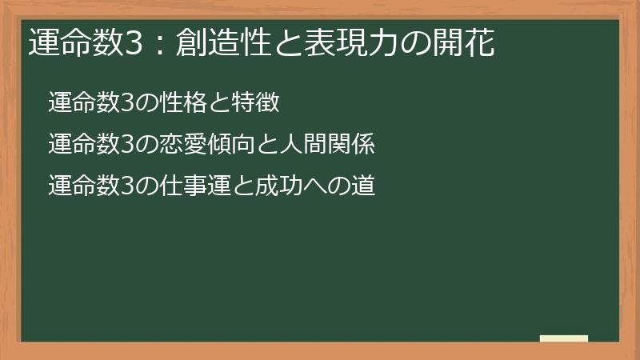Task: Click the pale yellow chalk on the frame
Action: tap(564, 338)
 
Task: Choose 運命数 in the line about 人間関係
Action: tap(81, 146)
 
